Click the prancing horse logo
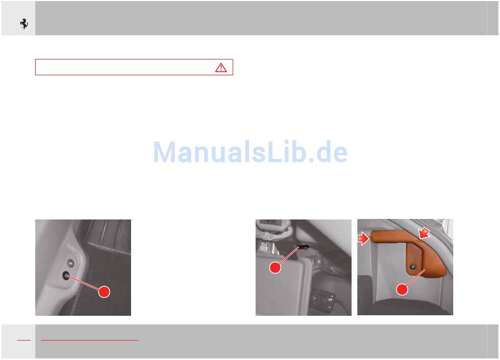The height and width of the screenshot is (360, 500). point(24,24)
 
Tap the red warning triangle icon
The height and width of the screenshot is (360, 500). point(221,67)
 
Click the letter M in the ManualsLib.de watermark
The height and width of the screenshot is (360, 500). point(165,152)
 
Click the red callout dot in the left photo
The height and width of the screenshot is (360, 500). point(104,292)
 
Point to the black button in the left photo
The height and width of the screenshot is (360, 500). point(66,276)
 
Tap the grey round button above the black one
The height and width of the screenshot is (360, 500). point(71,263)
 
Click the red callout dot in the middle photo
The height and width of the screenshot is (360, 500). point(275,267)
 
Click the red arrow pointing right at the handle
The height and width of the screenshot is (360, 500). point(363,238)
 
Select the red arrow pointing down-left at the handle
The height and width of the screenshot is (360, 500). point(424,233)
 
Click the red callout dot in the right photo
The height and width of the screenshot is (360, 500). point(402,289)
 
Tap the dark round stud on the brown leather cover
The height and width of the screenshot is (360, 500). point(413,266)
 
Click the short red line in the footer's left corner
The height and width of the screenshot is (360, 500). point(24,340)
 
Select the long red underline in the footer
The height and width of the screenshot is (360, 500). point(89,340)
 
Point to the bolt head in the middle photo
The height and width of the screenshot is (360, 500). point(263,247)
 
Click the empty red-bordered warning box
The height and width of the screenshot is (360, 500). point(134,67)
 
